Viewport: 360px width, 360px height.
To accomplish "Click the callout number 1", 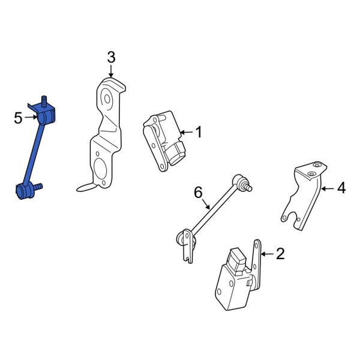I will click(199, 131).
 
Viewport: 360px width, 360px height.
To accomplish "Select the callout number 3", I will click(111, 58).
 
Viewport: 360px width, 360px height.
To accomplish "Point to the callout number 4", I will click(341, 188).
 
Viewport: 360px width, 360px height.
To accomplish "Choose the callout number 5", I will click(18, 118).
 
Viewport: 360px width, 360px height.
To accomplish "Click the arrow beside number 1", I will click(186, 131).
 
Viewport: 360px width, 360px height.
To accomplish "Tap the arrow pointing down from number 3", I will click(111, 71).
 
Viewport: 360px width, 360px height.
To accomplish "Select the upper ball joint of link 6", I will click(240, 179).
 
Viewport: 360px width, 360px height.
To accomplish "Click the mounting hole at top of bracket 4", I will click(312, 173).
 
